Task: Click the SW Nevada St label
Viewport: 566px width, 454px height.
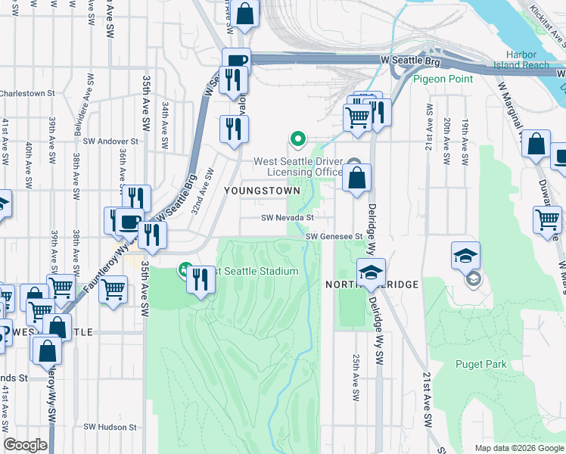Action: click(288, 218)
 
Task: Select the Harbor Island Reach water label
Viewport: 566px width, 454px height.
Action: click(527, 60)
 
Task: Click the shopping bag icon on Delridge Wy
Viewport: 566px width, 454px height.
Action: click(357, 178)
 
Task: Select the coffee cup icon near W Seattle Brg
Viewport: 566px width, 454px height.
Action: click(235, 61)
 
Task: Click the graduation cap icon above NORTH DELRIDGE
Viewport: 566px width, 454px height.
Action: click(371, 272)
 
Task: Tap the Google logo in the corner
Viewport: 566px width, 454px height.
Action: click(25, 445)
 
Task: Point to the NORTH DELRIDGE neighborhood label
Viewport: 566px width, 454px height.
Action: click(372, 284)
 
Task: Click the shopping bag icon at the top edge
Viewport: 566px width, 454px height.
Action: click(245, 13)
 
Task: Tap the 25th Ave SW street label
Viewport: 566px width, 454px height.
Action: click(355, 371)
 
